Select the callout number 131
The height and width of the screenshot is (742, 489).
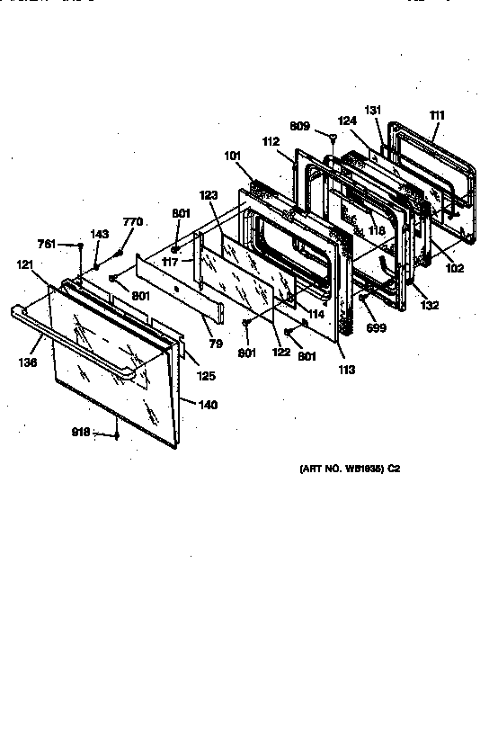point(373,109)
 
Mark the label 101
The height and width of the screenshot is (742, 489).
point(233,156)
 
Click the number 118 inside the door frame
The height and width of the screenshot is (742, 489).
point(376,230)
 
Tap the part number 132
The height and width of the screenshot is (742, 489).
point(430,306)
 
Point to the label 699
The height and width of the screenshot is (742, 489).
point(376,328)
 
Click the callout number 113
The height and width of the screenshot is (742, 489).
point(347,370)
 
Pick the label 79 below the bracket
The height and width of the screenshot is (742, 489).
point(216,343)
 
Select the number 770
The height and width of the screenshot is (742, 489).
point(132,221)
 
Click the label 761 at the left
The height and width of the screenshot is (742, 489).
point(48,244)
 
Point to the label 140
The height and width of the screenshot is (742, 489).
point(208,405)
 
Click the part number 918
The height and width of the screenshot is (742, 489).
point(81,432)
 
